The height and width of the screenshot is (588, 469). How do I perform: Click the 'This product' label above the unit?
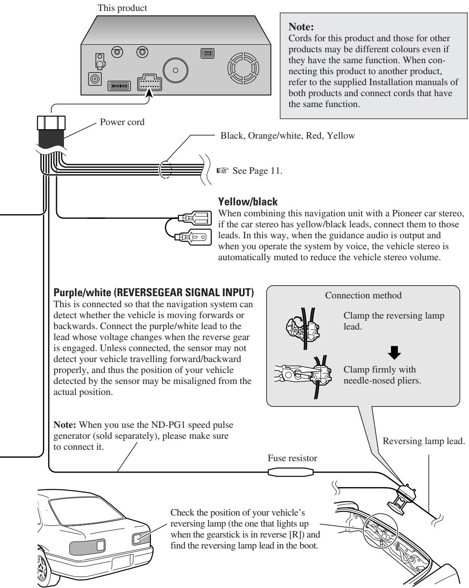[122, 8]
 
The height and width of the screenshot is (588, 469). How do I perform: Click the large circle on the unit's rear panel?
[175, 70]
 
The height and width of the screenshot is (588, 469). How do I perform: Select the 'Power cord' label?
[122, 122]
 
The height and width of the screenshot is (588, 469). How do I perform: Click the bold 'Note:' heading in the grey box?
[301, 27]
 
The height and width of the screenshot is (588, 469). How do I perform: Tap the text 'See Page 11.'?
[257, 171]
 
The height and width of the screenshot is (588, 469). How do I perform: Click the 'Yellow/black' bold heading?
[248, 202]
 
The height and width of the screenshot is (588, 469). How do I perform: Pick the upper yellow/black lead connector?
[194, 218]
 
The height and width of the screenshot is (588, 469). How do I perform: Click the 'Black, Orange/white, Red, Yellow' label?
[288, 136]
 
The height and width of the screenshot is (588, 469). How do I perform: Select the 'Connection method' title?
[363, 295]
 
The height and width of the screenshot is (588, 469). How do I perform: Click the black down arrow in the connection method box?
[394, 352]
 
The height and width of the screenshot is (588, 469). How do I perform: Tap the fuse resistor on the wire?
[291, 472]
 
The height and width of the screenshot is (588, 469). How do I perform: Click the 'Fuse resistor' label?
[292, 458]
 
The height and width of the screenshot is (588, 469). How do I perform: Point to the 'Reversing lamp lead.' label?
[423, 441]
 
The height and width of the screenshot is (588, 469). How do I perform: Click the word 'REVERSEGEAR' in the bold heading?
[148, 293]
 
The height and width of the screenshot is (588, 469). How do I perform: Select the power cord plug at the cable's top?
[51, 123]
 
